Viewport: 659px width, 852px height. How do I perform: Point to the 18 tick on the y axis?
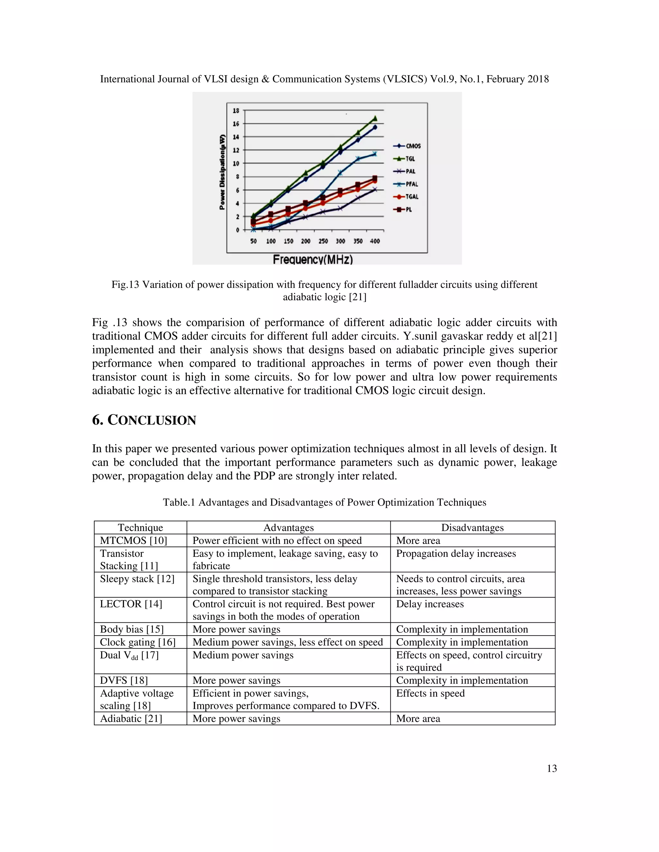click(236, 111)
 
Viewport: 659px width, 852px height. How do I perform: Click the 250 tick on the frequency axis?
click(323, 241)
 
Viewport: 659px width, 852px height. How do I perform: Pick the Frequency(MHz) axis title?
click(312, 259)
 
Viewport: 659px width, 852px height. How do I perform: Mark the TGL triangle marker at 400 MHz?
click(375, 118)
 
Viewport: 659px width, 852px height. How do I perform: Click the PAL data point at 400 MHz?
click(375, 190)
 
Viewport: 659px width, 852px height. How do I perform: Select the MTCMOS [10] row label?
click(133, 540)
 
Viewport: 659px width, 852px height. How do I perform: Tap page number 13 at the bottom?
click(552, 768)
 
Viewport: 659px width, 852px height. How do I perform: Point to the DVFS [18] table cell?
click(124, 680)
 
